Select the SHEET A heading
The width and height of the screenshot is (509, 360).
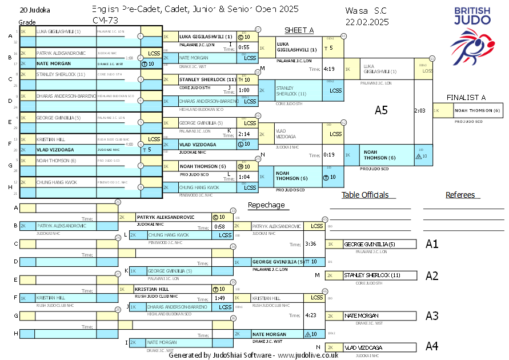pyautogui.click(x=298, y=30)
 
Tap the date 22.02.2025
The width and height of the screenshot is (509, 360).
pyautogui.click(x=367, y=22)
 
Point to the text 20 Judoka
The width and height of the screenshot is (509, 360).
pyautogui.click(x=35, y=10)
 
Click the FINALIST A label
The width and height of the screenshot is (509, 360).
pyautogui.click(x=466, y=98)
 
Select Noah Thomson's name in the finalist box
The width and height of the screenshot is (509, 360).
pyautogui.click(x=478, y=110)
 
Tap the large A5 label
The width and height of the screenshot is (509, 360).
pyautogui.click(x=381, y=110)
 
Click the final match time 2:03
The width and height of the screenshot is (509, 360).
pyautogui.click(x=420, y=110)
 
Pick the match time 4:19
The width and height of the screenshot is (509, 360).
pyautogui.click(x=329, y=69)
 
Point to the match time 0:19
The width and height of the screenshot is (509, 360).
pyautogui.click(x=329, y=154)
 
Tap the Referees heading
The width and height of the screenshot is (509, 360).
pyautogui.click(x=460, y=195)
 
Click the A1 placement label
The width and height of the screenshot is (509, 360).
pyautogui.click(x=432, y=244)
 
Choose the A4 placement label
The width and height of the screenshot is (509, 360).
pyautogui.click(x=432, y=346)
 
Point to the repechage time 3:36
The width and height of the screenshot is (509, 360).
pyautogui.click(x=311, y=244)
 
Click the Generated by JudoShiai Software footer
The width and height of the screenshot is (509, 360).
pyautogui.click(x=253, y=355)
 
